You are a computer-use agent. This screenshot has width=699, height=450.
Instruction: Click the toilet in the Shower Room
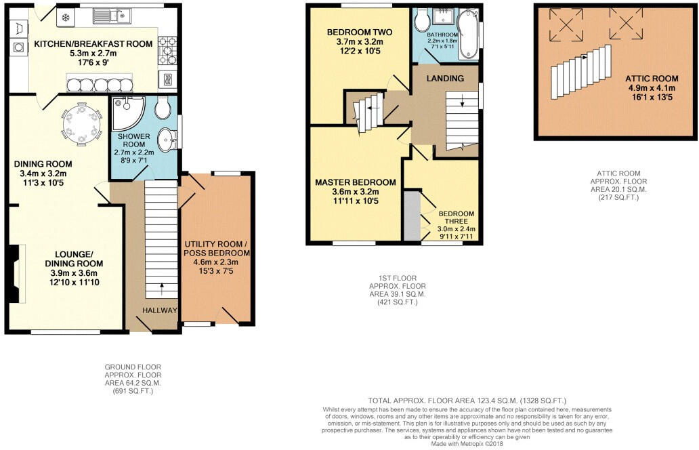pyautogui.click(x=163, y=106)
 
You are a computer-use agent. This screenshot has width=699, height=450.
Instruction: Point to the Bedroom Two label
pyautogui.click(x=359, y=32)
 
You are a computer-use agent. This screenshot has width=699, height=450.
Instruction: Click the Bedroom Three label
pyautogui.click(x=456, y=218)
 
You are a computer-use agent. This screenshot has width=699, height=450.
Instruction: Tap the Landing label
pyautogui.click(x=445, y=78)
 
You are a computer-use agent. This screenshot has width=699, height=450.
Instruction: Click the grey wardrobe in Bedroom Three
pyautogui.click(x=412, y=216)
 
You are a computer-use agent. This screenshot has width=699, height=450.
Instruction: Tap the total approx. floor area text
pyautogui.click(x=467, y=401)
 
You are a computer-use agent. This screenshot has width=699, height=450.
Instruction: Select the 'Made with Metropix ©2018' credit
pyautogui.click(x=467, y=443)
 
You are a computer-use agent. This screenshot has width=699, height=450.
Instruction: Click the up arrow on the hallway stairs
pyautogui.click(x=161, y=286)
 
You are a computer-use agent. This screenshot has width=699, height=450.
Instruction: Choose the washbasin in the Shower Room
pyautogui.click(x=167, y=141)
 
